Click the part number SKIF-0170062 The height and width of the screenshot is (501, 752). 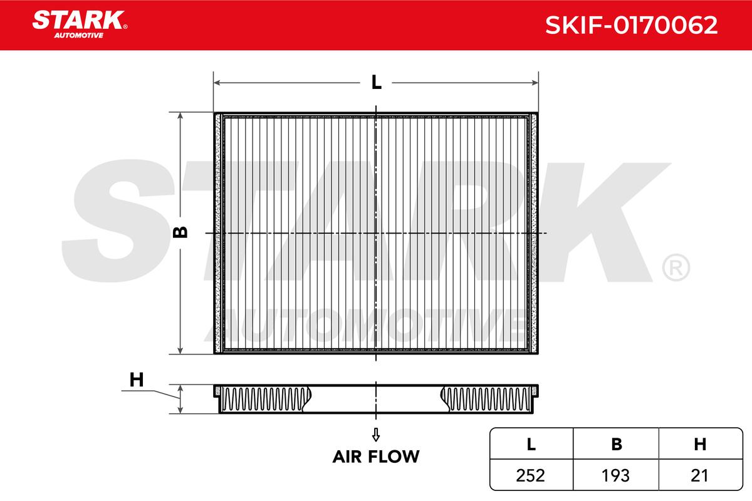(631, 25)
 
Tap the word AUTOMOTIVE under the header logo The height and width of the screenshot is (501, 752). (79, 36)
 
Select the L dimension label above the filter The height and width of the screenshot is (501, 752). (377, 82)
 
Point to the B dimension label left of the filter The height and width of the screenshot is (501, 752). (180, 232)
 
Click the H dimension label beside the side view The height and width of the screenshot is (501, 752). (137, 380)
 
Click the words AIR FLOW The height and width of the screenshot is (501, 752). (376, 457)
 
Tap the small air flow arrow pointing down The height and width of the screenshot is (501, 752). (376, 435)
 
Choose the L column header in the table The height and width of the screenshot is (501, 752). (531, 444)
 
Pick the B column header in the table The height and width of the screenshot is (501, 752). (617, 444)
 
